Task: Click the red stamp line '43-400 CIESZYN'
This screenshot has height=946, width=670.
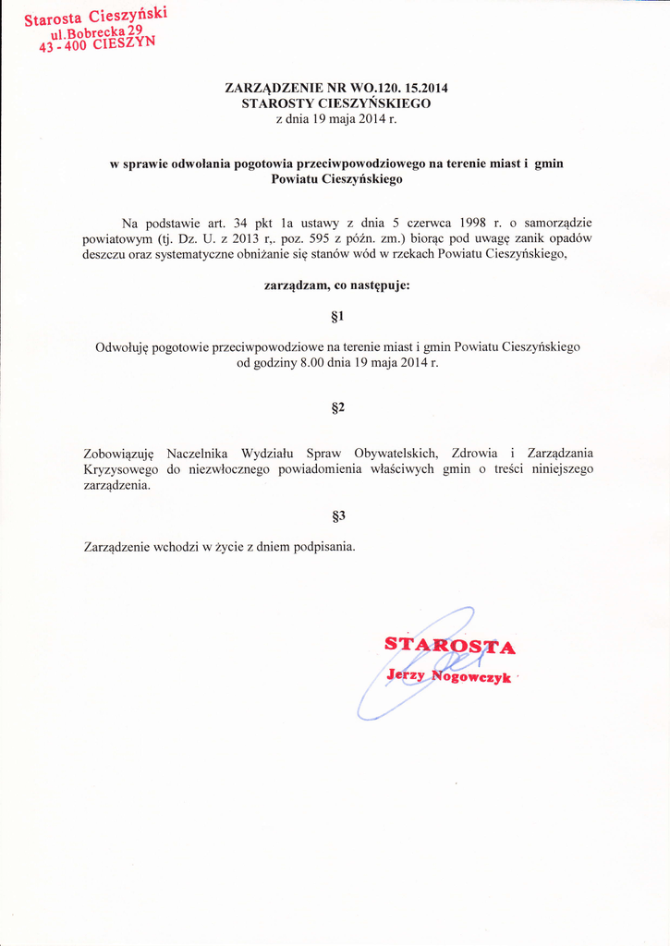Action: (x=97, y=45)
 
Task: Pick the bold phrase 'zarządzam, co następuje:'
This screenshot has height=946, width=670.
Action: (x=336, y=285)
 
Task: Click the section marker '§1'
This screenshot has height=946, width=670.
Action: (x=336, y=317)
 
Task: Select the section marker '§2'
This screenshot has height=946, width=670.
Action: (x=336, y=407)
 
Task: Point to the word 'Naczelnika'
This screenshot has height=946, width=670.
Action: (x=196, y=454)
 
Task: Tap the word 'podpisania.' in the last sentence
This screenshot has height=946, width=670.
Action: (x=324, y=546)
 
